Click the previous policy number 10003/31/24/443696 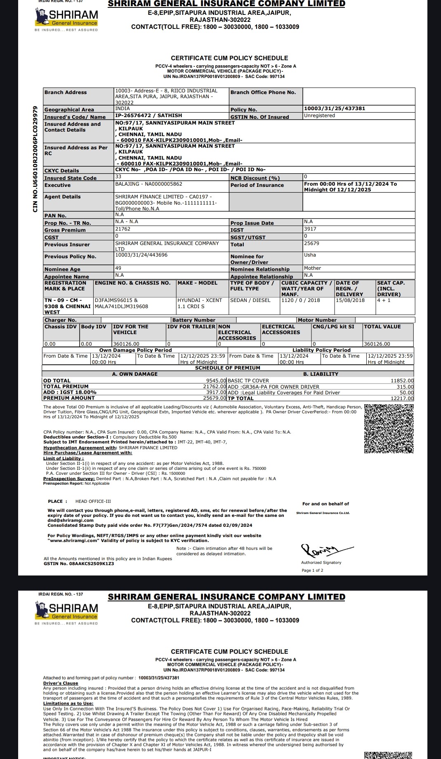pyautogui.click(x=141, y=255)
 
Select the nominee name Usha pyautogui.click(x=310, y=255)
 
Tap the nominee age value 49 pyautogui.click(x=118, y=268)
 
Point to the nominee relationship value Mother pyautogui.click(x=312, y=268)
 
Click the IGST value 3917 pyautogui.click(x=310, y=229)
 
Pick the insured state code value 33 pyautogui.click(x=118, y=177)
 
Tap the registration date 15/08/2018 pyautogui.click(x=350, y=300)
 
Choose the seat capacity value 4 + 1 pyautogui.click(x=384, y=300)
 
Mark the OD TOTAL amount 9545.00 pyautogui.click(x=216, y=381)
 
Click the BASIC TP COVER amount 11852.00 pyautogui.click(x=402, y=381)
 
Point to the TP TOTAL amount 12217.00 pyautogui.click(x=402, y=398)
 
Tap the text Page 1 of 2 pyautogui.click(x=312, y=570)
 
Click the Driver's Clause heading pyautogui.click(x=61, y=683)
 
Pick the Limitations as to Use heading pyautogui.click(x=68, y=703)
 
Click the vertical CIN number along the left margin pyautogui.click(x=35, y=159)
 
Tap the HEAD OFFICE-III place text pyautogui.click(x=93, y=502)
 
